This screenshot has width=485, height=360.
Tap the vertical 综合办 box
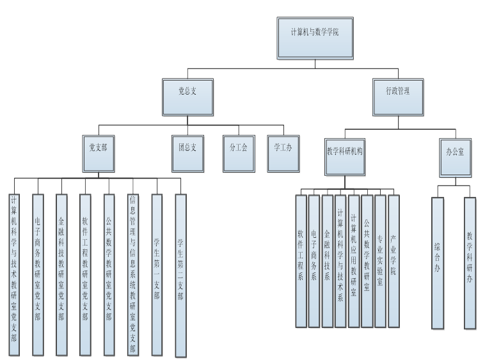437,262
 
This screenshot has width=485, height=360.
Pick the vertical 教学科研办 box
470,262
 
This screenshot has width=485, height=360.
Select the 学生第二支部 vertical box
180,275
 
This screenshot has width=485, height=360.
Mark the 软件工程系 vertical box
301,261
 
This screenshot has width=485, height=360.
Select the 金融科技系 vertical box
328,261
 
